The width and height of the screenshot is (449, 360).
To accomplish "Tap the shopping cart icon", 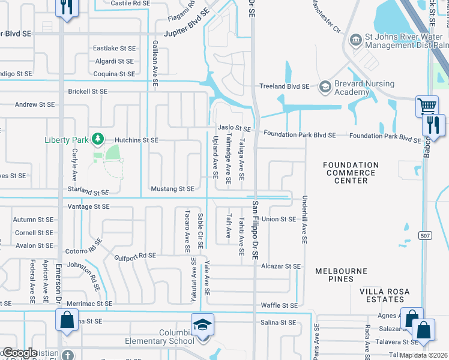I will pos(427,107).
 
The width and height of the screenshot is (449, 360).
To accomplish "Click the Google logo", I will pos(19,353).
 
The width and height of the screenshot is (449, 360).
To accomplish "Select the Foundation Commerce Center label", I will pos(351,173).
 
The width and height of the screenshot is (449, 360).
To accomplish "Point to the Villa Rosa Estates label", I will pos(384,296).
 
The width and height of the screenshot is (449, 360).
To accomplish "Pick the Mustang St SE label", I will pos(173,188).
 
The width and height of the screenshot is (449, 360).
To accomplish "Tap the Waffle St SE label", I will pos(279,305).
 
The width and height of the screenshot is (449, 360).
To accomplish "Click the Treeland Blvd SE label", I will pos(284,86).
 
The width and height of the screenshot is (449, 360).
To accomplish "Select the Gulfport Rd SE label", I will pos(134,256).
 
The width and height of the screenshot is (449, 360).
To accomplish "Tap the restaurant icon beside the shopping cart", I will pos(432,125).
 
